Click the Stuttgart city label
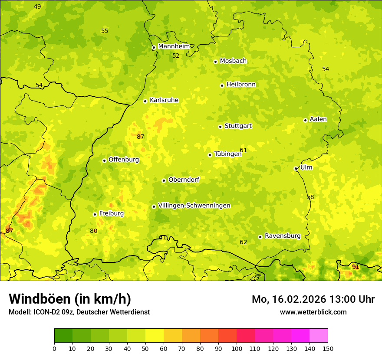coord(238,126)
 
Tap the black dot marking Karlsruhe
coord(145,101)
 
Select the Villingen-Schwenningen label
coord(194,206)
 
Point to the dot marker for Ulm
coord(296,168)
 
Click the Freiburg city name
coord(111,213)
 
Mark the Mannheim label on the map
coord(174,46)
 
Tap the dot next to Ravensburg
coord(260,237)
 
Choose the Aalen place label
coord(318,119)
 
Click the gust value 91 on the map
coord(356,267)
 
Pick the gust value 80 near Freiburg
coord(94,231)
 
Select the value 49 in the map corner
coord(37,7)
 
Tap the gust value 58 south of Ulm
coord(310,197)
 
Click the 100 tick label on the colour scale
coord(237,348)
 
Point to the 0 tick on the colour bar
coord(54,348)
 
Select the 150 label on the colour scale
coord(328,348)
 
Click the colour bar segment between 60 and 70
coord(173,336)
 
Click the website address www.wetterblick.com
coord(313,312)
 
